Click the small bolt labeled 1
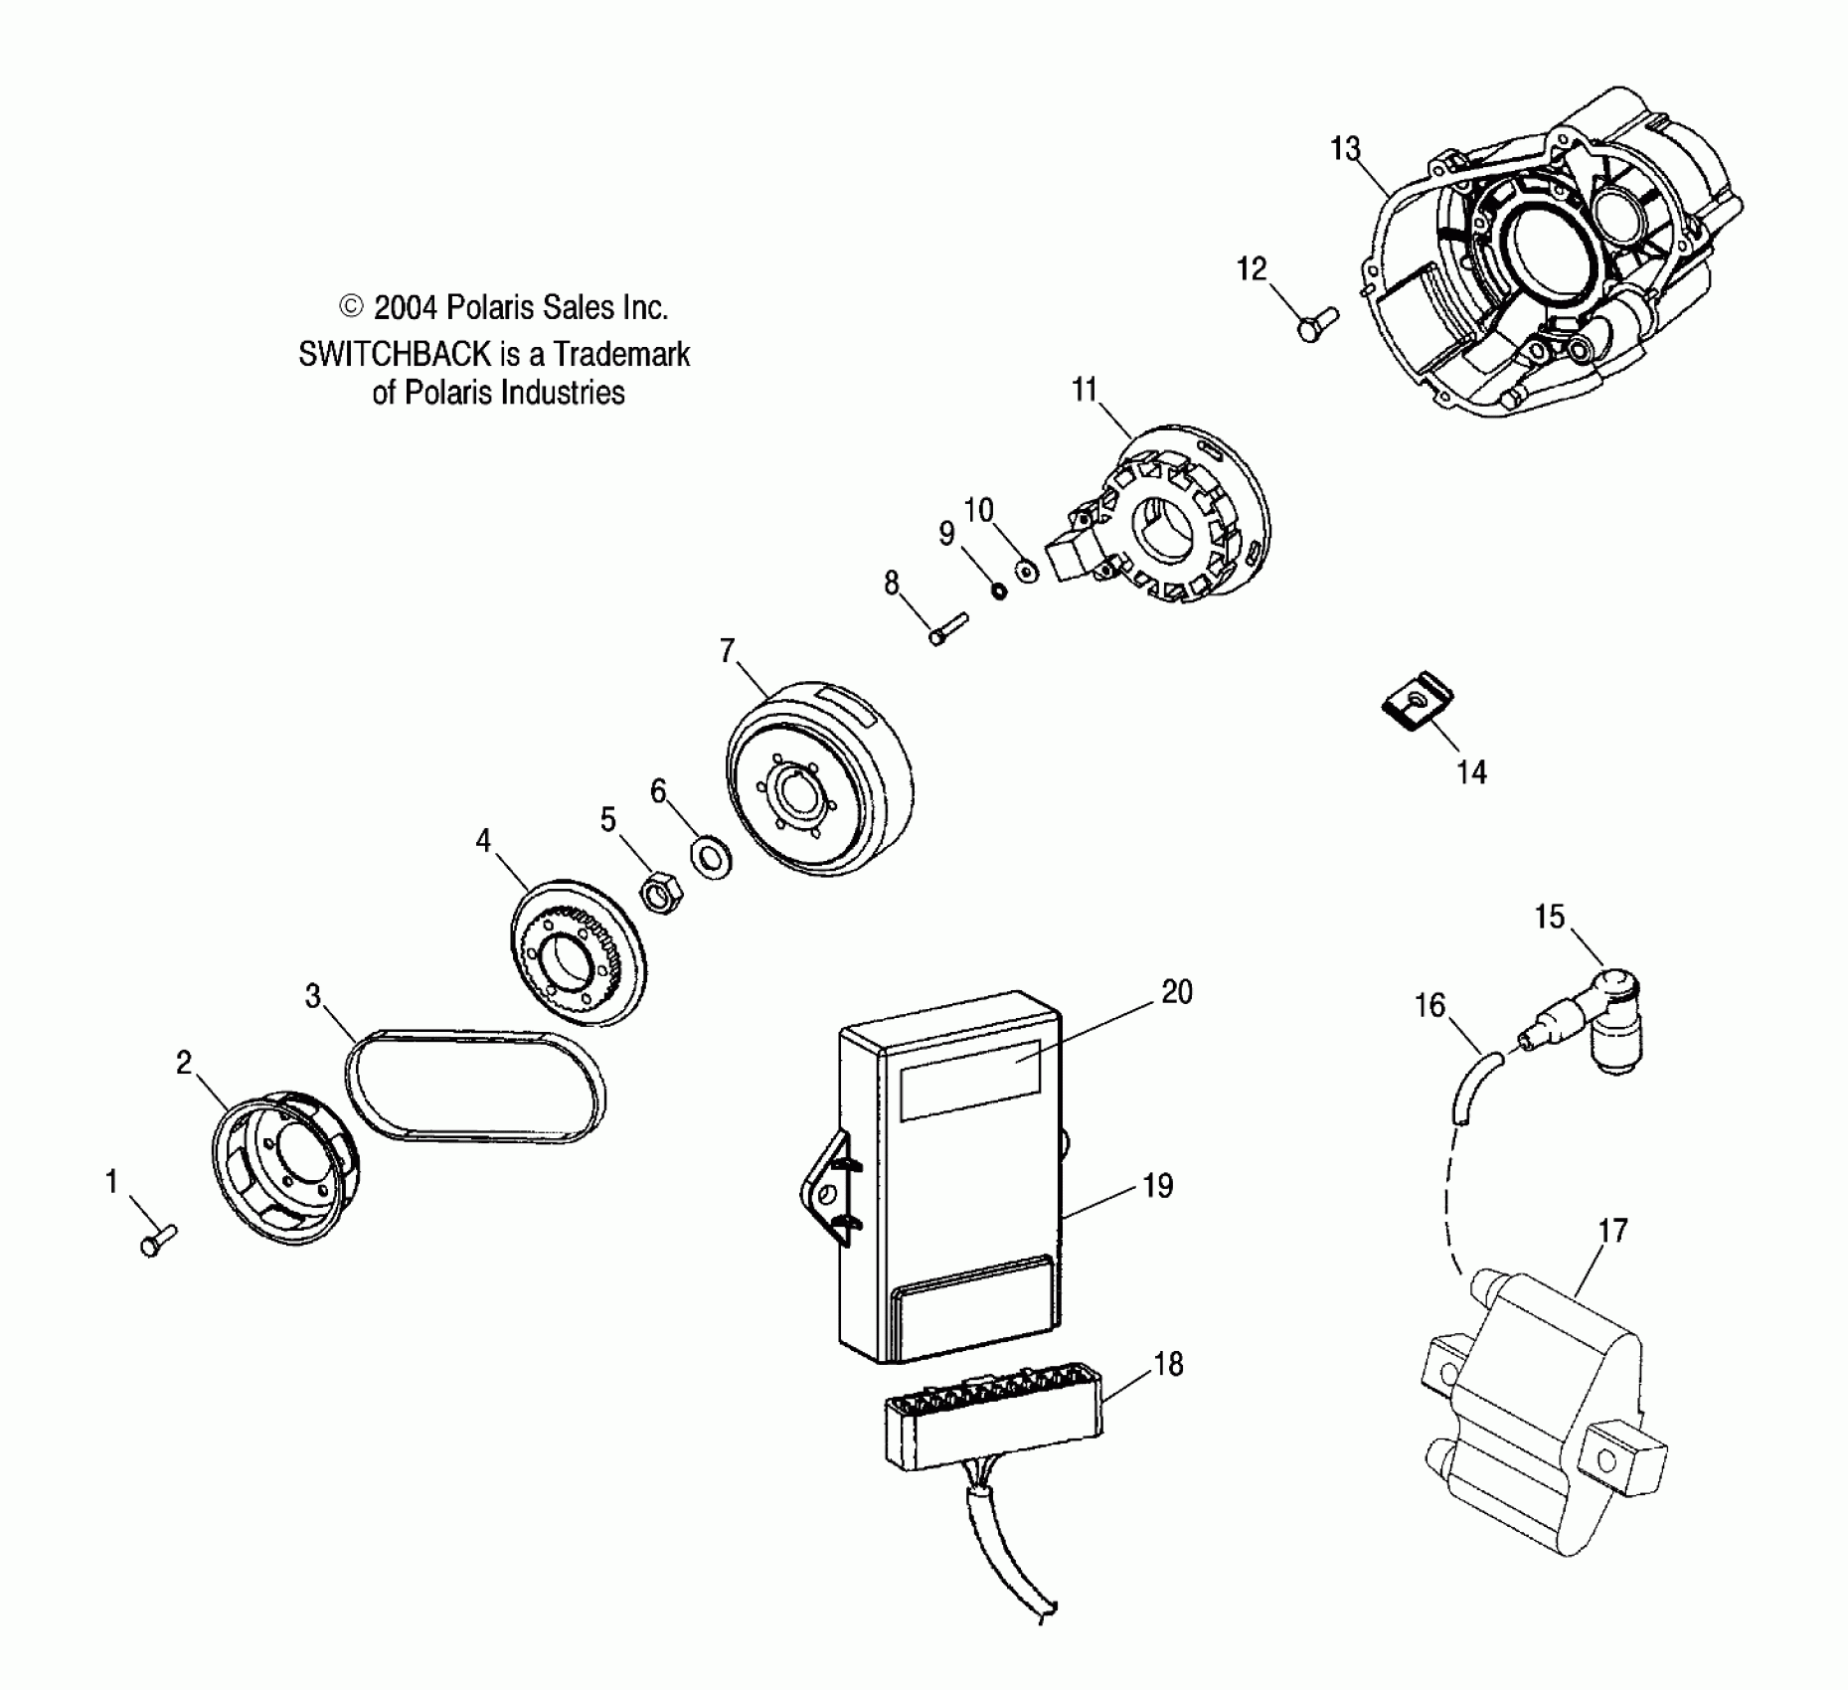(157, 1241)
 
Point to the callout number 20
(1176, 992)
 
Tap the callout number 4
(483, 841)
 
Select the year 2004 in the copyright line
(405, 308)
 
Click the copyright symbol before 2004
(352, 306)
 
